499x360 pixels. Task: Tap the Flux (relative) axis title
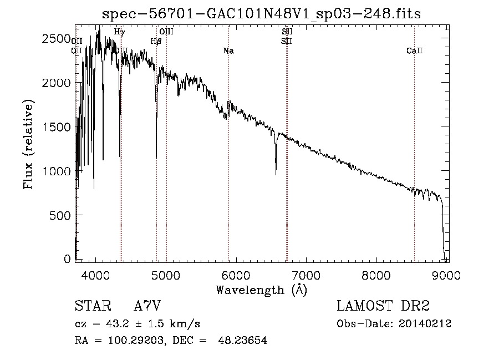pyautogui.click(x=28, y=144)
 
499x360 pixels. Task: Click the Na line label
pyautogui.click(x=228, y=51)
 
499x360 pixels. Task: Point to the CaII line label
pyautogui.click(x=414, y=51)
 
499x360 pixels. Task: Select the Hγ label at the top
pyautogui.click(x=119, y=32)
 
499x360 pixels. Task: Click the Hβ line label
pyautogui.click(x=156, y=41)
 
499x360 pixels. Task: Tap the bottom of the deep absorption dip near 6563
pyautogui.click(x=276, y=174)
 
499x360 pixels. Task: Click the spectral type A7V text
pyautogui.click(x=147, y=306)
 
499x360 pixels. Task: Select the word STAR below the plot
pyautogui.click(x=91, y=306)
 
